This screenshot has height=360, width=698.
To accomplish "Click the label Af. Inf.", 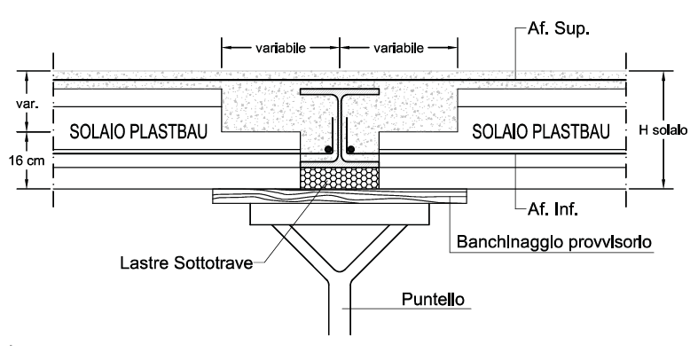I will (545, 210).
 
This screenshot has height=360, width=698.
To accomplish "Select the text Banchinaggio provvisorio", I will (553, 240).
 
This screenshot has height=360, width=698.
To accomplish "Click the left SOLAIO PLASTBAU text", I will (139, 133).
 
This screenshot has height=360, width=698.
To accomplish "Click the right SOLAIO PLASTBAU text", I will (540, 133).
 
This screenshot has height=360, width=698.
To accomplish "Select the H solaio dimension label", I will (663, 130).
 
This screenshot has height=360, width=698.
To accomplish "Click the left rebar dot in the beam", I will (328, 149).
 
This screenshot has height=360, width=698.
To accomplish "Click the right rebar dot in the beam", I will (352, 149).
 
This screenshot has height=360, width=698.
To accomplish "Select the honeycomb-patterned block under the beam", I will (340, 176).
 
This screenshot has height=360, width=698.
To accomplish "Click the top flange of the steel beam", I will (340, 92).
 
